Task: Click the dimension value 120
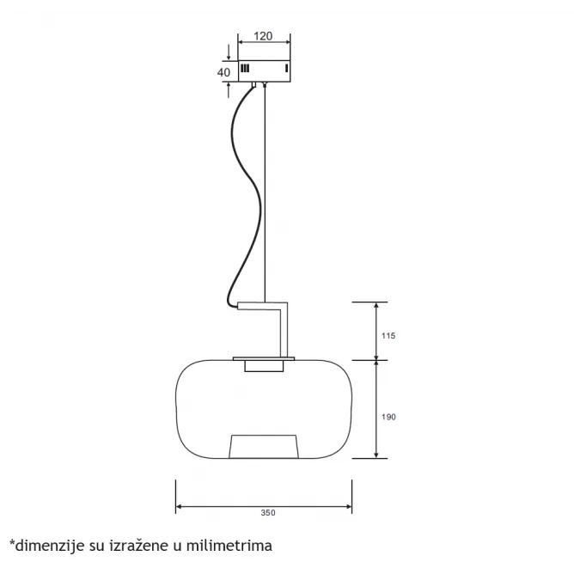point(263,36)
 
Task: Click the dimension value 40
point(223,72)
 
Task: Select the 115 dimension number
point(388,336)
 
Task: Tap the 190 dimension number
point(388,417)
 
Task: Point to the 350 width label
point(268,512)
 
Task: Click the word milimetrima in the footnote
point(229,546)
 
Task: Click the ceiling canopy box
point(265,71)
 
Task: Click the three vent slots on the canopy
point(245,69)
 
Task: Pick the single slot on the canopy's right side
point(286,69)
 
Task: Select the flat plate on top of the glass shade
point(264,359)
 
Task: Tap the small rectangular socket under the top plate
point(264,366)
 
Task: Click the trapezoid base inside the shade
point(264,447)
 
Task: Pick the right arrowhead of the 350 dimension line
point(348,507)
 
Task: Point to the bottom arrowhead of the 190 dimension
point(376,455)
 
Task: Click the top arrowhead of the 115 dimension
point(376,306)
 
